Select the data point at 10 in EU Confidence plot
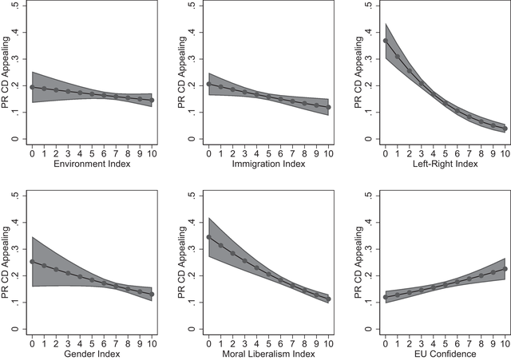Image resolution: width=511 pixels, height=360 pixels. click(505, 269)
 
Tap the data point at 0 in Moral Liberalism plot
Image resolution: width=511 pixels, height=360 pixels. click(209, 237)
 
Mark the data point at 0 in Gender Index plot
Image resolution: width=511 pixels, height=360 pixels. click(33, 261)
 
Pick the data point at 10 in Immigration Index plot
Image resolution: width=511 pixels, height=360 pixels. click(328, 107)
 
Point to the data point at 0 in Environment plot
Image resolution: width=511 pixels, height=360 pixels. click(33, 87)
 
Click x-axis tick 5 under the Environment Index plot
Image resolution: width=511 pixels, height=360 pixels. click(93, 153)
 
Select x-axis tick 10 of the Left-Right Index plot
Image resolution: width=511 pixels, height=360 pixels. click(504, 153)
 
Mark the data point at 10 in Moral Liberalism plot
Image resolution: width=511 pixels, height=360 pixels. click(328, 299)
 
